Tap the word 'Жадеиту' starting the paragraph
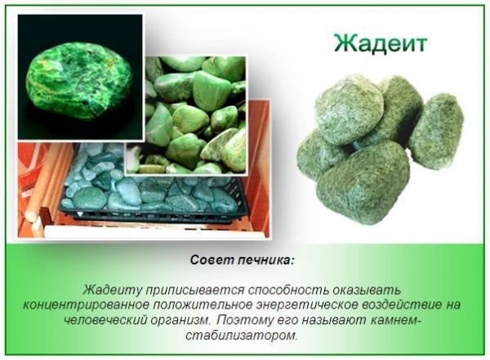[x=111, y=290]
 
